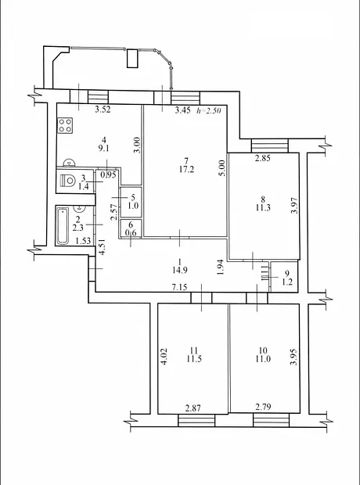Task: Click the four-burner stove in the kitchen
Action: click(x=65, y=125)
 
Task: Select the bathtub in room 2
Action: click(x=63, y=226)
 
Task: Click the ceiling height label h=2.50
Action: click(x=209, y=110)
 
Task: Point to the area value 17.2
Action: click(x=186, y=169)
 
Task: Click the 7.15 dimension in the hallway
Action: click(x=179, y=287)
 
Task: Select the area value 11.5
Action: click(x=194, y=359)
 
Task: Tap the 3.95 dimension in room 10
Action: click(x=293, y=357)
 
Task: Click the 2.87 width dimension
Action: click(x=193, y=408)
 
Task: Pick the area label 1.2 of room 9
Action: click(x=287, y=282)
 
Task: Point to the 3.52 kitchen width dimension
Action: click(x=103, y=110)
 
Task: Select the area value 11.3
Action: click(x=263, y=207)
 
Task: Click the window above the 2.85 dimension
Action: click(x=270, y=145)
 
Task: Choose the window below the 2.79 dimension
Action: click(x=271, y=420)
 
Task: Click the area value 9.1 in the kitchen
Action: click(x=104, y=148)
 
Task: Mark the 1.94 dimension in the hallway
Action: click(x=220, y=268)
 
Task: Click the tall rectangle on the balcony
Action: click(x=132, y=58)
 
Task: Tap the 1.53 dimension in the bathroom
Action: click(x=84, y=241)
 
